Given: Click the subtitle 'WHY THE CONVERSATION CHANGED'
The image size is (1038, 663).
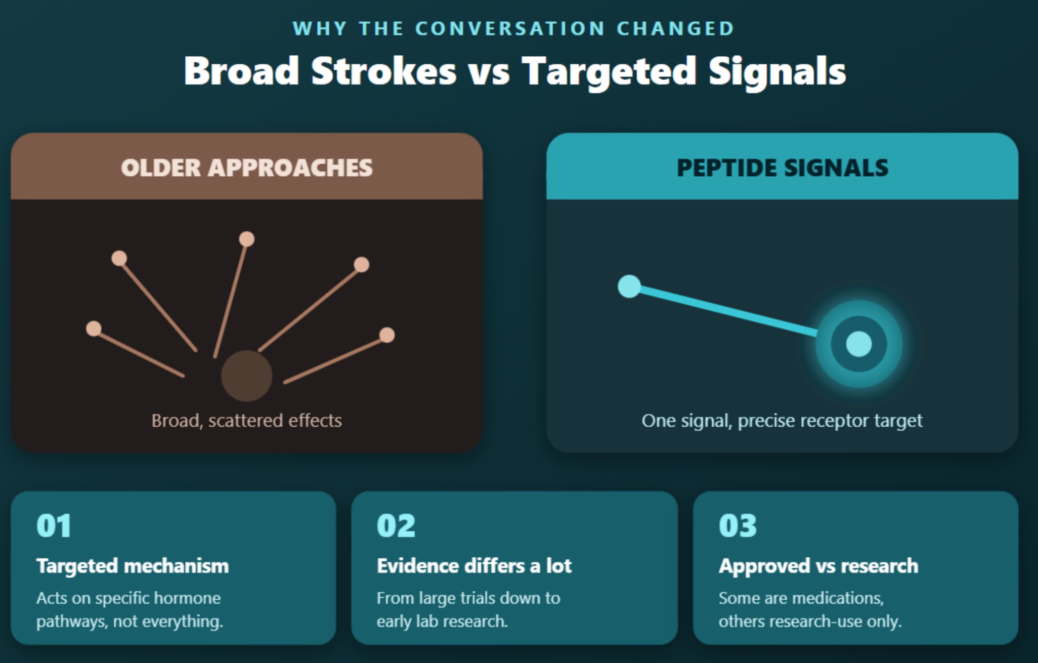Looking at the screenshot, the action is coord(513,28).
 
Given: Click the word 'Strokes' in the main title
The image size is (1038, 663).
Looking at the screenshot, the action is coord(383,71).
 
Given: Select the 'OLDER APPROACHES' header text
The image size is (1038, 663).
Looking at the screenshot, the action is coord(247,168).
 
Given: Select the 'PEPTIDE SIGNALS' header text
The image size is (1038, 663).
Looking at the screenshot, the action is coord(783,168).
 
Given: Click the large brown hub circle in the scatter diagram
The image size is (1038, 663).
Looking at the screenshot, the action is coord(247,376).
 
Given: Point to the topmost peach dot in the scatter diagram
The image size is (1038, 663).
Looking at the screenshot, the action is coord(247,239).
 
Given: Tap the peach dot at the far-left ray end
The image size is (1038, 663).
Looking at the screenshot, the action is coord(94,328).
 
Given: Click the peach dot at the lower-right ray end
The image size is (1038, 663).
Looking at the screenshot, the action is coord(387,335).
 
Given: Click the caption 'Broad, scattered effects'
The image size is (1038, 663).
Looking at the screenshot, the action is coord(247,421).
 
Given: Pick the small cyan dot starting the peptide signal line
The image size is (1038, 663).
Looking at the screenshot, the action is coord(629,286).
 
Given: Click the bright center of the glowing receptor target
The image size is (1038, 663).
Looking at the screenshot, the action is coord(859,344).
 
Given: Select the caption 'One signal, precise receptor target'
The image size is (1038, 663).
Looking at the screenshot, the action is coord(782,421).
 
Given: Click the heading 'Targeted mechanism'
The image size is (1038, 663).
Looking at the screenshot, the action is coord(133,566).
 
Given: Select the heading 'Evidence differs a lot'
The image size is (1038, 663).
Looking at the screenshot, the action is coord(474,566).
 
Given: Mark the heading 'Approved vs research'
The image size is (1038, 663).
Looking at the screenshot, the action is coord(818,566).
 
